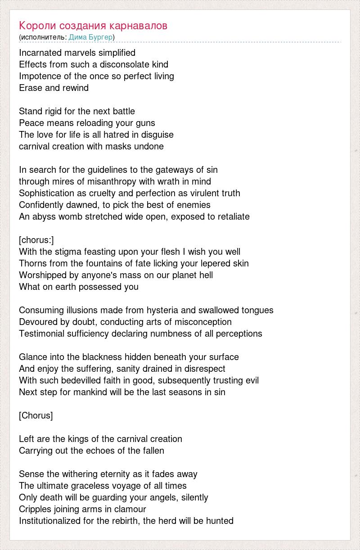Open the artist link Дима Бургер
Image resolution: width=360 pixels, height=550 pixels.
coord(90,37)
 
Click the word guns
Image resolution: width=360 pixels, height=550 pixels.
coord(147,123)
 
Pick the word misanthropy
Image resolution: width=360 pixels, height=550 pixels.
coord(85,181)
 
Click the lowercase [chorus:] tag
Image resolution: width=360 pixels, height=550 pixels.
coord(36,240)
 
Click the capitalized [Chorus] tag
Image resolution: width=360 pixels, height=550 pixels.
coord(36,415)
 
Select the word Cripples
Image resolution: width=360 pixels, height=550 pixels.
coord(36,509)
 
